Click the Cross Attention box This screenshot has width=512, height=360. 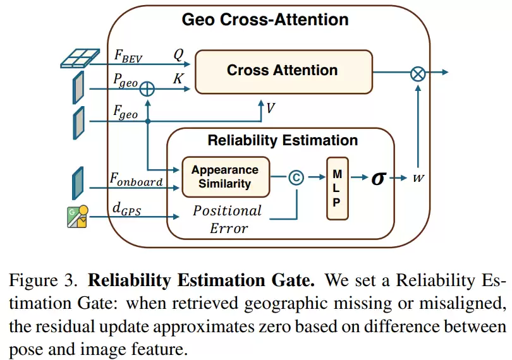coord(283,72)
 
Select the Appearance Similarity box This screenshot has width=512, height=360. coord(226,177)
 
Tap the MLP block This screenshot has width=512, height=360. coord(338,188)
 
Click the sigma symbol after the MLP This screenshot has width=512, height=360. coord(379,178)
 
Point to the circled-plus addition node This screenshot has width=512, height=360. coord(147,89)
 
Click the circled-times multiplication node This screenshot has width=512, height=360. coord(418,74)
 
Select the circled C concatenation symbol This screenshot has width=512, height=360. coord(296,177)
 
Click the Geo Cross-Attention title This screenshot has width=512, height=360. coord(265,19)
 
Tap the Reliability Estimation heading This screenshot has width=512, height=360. coord(283,140)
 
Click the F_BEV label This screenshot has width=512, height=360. coord(128,56)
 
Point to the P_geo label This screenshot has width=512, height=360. coord(125,80)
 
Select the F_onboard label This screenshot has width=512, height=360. coord(136,179)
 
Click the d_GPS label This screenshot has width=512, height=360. coord(126,209)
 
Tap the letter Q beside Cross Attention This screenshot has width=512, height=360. coord(179,55)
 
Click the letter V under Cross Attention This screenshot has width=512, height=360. coord(271,108)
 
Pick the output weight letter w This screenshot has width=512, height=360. coord(418,178)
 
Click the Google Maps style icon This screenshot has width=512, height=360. coord(78,217)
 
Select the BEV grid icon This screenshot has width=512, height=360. coord(80,59)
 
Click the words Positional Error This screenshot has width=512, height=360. coord(228,219)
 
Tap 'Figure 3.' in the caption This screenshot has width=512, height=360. coord(43,280)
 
